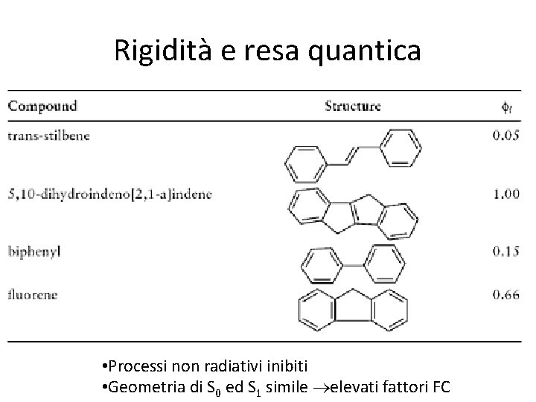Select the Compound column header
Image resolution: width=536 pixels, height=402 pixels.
[42, 106]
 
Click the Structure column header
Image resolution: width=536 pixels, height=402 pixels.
[353, 106]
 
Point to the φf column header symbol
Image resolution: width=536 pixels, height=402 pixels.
[507, 106]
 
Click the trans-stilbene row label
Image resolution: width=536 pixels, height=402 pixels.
[47, 136]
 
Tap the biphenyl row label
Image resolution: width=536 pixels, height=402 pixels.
[33, 251]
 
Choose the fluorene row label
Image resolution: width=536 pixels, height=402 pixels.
[33, 294]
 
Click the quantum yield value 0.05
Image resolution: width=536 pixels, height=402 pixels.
[506, 136]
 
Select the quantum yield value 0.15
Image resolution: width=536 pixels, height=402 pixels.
[506, 251]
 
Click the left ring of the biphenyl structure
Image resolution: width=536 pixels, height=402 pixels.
[321, 264]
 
